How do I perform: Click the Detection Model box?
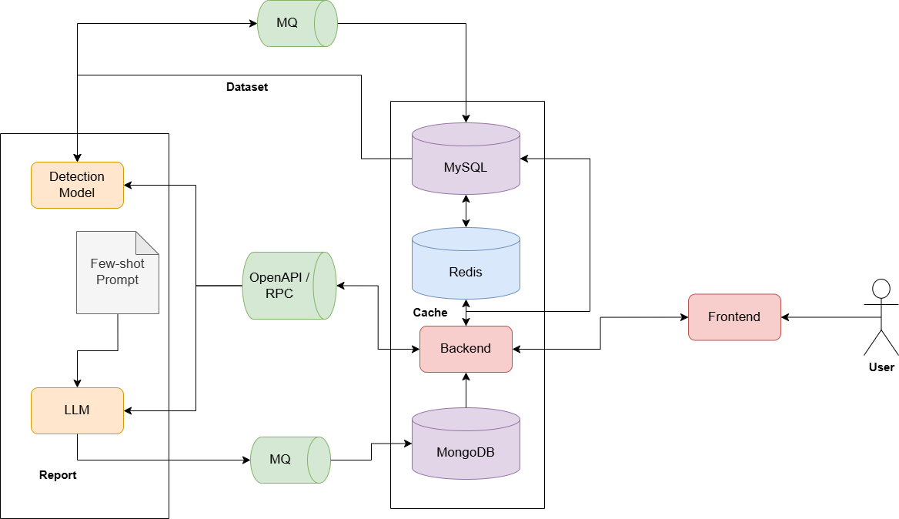point(77,185)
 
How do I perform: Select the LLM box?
point(77,410)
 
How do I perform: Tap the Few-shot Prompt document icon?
point(117,272)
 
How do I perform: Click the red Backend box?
point(466,349)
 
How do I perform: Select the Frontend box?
point(734,316)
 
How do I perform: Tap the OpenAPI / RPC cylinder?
point(289,286)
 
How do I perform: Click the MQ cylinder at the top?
point(297,24)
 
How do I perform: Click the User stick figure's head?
point(881,289)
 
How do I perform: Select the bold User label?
point(881,367)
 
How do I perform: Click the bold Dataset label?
point(247,87)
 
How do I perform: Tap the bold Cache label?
point(430,313)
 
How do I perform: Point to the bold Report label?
point(58,475)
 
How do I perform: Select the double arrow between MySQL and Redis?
point(466,210)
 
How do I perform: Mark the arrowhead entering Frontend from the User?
point(786,317)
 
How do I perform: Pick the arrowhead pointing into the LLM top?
point(77,383)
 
